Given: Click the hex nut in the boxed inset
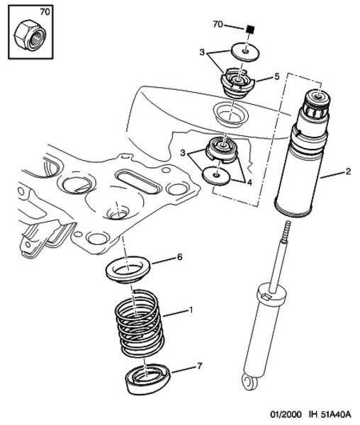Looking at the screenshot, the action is [x=30, y=36].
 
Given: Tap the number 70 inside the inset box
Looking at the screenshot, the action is [x=45, y=12].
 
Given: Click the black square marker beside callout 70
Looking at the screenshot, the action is [x=250, y=29].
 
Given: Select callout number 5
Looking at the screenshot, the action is [x=276, y=76].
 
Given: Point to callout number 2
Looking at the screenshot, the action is [x=348, y=171].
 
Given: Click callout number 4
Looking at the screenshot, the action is [x=249, y=183].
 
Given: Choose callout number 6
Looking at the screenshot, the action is [x=180, y=257].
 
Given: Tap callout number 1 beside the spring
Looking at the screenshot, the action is [x=191, y=310].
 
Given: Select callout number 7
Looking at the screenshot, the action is [x=200, y=366].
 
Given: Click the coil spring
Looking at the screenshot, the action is [x=140, y=323].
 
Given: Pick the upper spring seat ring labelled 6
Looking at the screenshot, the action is [x=128, y=270].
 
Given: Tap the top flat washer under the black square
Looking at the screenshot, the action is [x=245, y=52].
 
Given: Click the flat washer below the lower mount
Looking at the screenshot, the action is [x=216, y=176].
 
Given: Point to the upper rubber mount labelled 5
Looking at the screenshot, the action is [x=237, y=83].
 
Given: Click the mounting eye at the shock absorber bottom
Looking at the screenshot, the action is [x=249, y=381].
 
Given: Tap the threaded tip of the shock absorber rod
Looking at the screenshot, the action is [x=287, y=227].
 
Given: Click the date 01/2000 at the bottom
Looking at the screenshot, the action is [x=286, y=414].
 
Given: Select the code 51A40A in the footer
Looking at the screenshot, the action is [x=336, y=414].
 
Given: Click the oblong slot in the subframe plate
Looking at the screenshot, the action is [x=137, y=181].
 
